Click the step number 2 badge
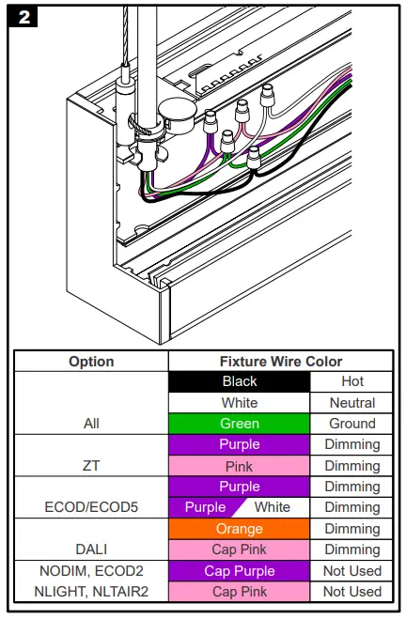[22, 17]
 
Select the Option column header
[91, 362]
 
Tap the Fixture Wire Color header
[281, 362]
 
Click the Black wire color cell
[240, 381]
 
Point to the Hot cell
[352, 381]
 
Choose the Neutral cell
[352, 402]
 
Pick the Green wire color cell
[240, 424]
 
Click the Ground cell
[352, 424]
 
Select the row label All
[91, 424]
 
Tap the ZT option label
[91, 465]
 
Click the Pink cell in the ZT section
[240, 465]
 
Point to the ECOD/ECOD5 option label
[91, 507]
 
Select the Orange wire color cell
[240, 529]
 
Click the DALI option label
[91, 549]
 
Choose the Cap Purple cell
[240, 570]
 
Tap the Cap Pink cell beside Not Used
[240, 592]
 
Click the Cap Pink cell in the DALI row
[240, 549]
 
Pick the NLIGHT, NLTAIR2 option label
[91, 592]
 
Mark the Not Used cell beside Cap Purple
[352, 570]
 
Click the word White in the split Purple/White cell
[273, 507]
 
